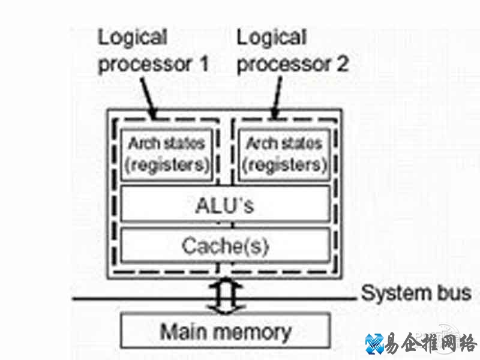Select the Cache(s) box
pos(225,245)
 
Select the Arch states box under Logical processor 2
pos(284,154)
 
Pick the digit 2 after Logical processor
pos(341,64)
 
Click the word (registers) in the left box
pos(167,164)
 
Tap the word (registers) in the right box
pos(284,164)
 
